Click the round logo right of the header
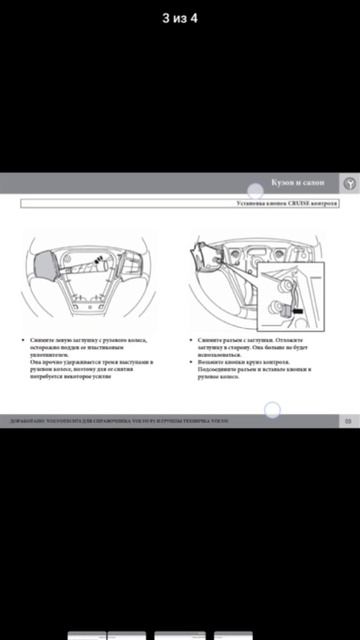350,183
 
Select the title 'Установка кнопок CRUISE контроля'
280,202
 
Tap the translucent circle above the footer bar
271,409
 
